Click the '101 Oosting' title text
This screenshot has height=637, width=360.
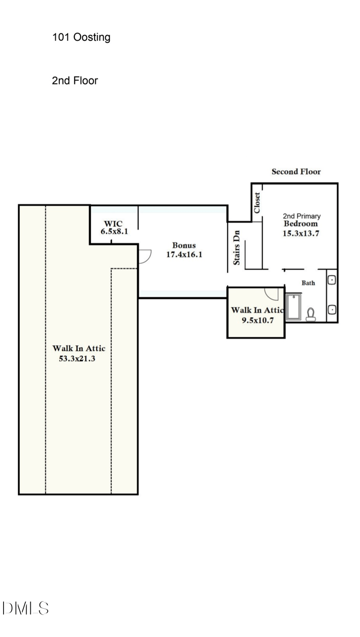81,37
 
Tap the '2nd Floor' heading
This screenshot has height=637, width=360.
75,81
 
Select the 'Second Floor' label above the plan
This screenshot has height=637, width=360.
296,172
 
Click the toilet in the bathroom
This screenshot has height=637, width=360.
310,314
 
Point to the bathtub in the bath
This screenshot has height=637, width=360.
294,307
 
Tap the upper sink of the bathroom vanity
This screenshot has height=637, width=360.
332,280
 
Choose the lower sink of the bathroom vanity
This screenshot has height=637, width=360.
332,310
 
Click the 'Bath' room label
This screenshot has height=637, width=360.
308,283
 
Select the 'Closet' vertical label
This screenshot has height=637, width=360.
257,203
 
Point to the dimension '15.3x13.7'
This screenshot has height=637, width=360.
301,233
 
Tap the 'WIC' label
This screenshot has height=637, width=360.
113,224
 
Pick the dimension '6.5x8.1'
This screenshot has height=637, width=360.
114,232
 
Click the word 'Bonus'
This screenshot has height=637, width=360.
184,246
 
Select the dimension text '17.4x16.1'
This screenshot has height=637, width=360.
184,254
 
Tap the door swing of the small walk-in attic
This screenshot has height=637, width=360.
272,293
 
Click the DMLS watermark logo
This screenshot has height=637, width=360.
26,609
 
